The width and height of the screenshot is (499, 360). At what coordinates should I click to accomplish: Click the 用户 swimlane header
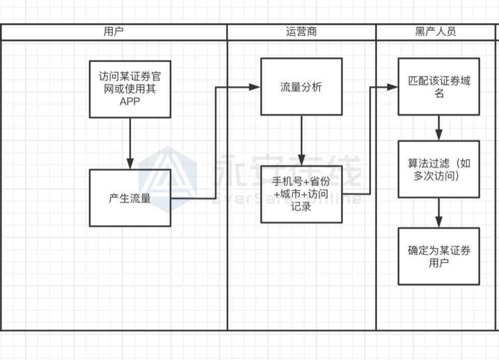click(113, 32)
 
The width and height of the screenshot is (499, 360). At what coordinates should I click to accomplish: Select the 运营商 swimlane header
click(301, 32)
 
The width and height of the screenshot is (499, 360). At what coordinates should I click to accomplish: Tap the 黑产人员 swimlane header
click(435, 32)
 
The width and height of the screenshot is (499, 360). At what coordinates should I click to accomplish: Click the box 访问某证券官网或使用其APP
click(130, 88)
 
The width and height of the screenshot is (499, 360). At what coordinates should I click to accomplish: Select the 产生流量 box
click(130, 198)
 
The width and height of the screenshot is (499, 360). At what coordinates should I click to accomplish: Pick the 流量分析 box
click(301, 86)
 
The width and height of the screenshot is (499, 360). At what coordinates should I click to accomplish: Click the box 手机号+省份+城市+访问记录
click(301, 194)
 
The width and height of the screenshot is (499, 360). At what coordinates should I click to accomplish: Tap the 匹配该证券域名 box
click(438, 86)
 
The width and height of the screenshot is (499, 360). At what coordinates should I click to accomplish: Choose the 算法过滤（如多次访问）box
click(438, 169)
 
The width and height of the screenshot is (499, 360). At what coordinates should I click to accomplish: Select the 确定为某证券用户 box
click(438, 256)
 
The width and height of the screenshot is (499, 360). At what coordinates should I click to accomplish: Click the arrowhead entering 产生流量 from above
click(130, 163)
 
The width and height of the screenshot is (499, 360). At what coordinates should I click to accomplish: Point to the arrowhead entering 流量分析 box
click(255, 87)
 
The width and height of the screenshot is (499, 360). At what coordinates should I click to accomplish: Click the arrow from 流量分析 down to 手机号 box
click(301, 140)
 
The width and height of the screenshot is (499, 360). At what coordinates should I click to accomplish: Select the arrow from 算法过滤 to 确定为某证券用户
click(438, 213)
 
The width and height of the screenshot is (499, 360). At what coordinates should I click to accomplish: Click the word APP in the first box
click(130, 101)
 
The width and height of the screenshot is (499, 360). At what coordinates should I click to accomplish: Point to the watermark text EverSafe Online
click(287, 199)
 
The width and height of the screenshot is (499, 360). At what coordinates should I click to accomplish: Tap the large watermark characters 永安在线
click(287, 172)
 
